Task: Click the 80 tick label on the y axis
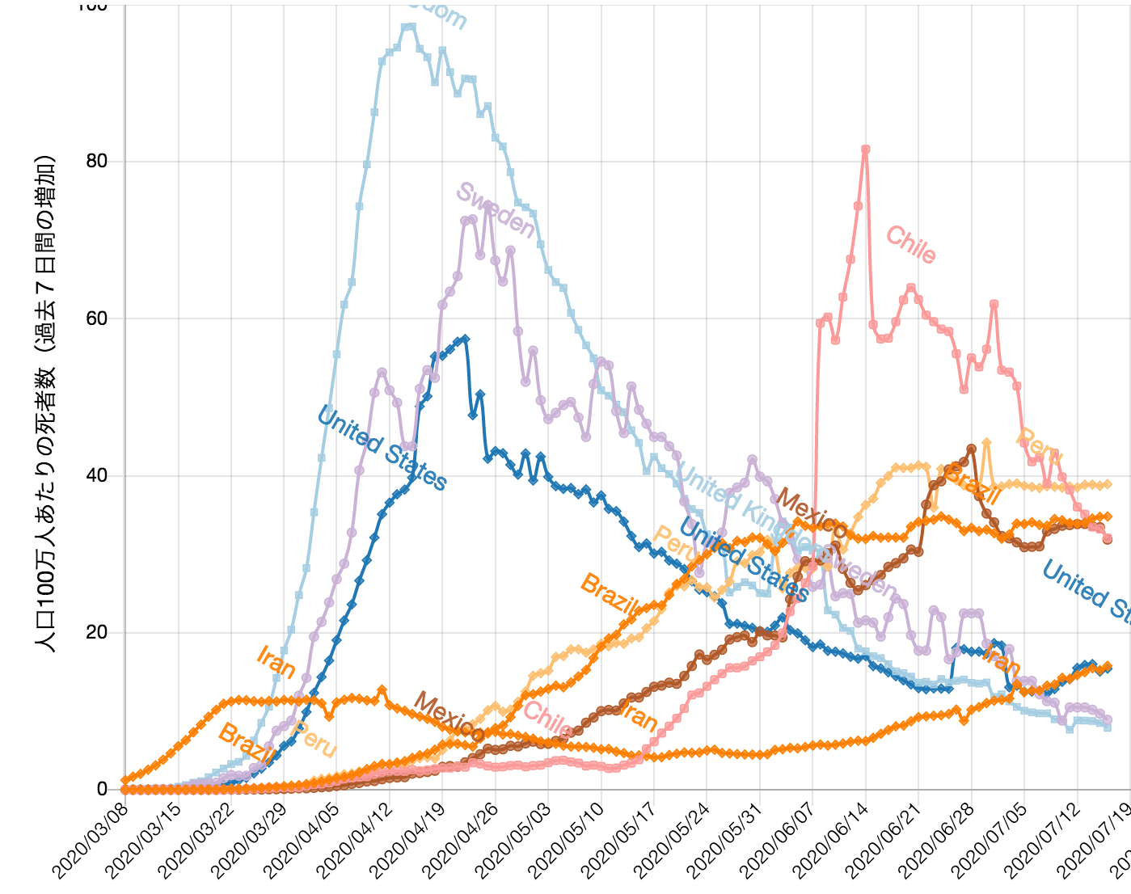click(96, 162)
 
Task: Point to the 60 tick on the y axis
click(96, 318)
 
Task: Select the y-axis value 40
click(96, 475)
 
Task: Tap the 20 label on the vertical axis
click(96, 632)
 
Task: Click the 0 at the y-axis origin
click(102, 789)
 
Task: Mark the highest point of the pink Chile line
click(865, 150)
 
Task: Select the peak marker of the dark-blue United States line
click(465, 339)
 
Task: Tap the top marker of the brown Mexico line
click(971, 449)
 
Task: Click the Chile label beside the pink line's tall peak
click(911, 245)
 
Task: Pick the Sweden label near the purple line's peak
click(495, 210)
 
